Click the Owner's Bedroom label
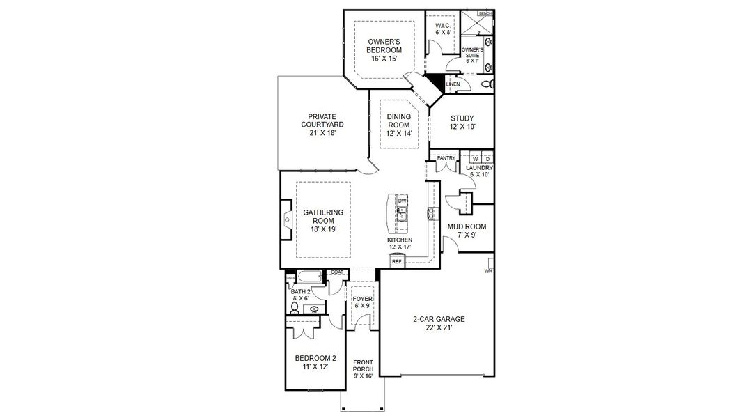click(384, 50)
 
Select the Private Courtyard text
click(322, 125)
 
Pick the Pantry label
click(446, 158)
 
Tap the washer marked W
click(474, 158)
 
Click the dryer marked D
click(487, 158)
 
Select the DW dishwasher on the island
click(402, 201)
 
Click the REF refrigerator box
click(397, 261)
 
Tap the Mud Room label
click(466, 231)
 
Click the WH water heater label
click(490, 270)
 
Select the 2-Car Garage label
click(438, 323)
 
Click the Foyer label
click(362, 302)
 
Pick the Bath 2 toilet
click(295, 307)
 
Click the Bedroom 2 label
click(315, 362)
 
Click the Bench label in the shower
click(485, 13)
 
